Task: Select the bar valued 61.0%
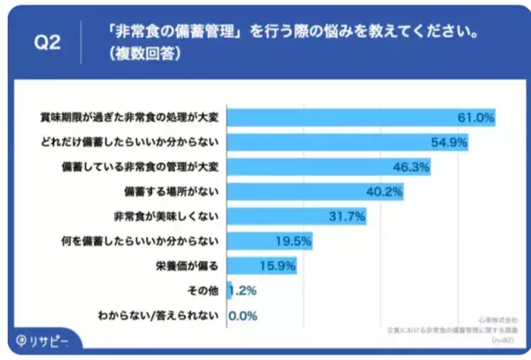[x=362, y=117]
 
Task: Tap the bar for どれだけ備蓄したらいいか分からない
[x=348, y=142]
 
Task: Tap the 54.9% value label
[x=448, y=142]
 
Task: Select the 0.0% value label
[x=242, y=314]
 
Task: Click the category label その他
[x=205, y=289]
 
